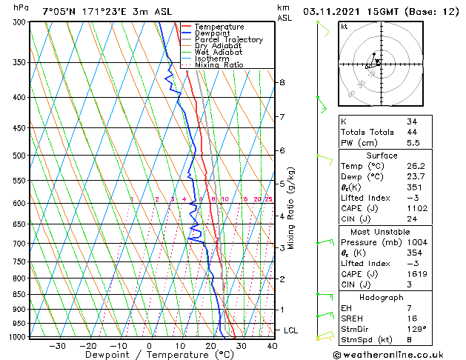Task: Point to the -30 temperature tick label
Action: pos(57,345)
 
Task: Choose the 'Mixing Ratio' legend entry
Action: pos(219,65)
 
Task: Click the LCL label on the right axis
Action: pos(291,330)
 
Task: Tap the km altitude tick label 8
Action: pos(282,82)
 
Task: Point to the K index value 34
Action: pos(412,121)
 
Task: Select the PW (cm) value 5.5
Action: pos(412,143)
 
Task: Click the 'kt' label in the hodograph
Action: pos(344,27)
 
